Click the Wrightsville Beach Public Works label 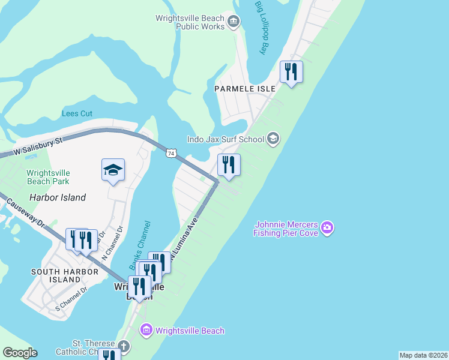click(190, 22)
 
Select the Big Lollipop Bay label click(260, 28)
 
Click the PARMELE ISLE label click(245, 89)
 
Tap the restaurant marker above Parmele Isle click(291, 73)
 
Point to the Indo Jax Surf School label click(226, 140)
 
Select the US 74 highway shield click(172, 154)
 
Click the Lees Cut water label click(77, 113)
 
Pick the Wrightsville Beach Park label click(47, 177)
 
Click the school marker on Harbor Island click(113, 171)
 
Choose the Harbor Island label click(58, 197)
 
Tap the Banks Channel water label click(139, 245)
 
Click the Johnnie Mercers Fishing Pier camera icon click(327, 227)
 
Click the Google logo click(20, 353)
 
